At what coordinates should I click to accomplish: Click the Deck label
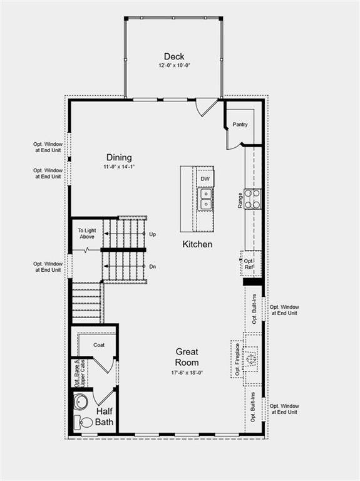click(x=173, y=56)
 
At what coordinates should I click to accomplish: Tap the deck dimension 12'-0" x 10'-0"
click(x=173, y=66)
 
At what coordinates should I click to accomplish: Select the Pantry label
click(x=240, y=125)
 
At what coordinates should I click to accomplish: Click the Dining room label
click(x=119, y=158)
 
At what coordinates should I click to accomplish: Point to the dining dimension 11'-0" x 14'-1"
click(x=119, y=167)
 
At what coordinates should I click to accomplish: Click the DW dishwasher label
click(x=205, y=179)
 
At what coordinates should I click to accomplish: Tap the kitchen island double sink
click(x=205, y=199)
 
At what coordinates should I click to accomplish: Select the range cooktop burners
click(x=252, y=199)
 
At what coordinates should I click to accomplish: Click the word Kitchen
click(x=197, y=244)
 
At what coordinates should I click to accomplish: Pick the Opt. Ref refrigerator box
click(x=249, y=264)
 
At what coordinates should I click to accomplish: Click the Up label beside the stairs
click(x=152, y=234)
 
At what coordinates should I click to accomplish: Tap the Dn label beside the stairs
click(x=152, y=266)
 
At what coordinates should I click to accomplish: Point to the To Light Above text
click(x=86, y=234)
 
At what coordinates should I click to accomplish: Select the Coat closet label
click(x=99, y=344)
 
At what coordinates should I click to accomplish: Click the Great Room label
click(x=187, y=357)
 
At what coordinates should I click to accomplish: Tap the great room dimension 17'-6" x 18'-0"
click(x=187, y=373)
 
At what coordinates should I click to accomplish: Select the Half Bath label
click(x=104, y=416)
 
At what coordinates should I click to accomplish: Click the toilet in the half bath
click(x=83, y=422)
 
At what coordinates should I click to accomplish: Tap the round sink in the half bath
click(x=81, y=401)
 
